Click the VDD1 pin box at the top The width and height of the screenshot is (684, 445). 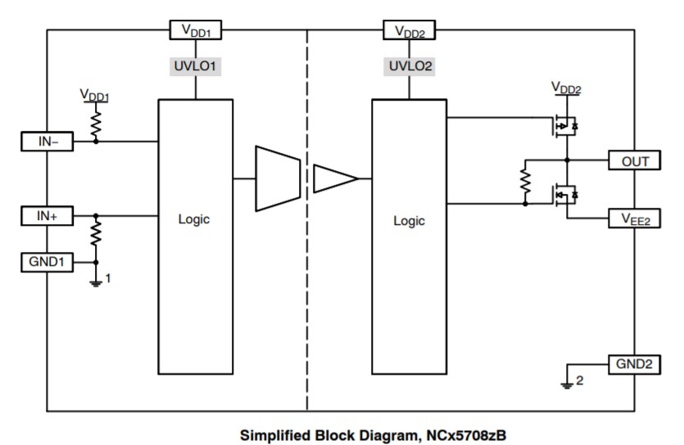pyautogui.click(x=194, y=30)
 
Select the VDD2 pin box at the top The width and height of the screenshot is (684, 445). pyautogui.click(x=408, y=31)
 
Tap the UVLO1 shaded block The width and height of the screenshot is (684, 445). pyautogui.click(x=194, y=66)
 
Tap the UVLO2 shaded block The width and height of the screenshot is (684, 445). pyautogui.click(x=408, y=66)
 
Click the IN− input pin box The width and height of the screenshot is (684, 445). pyautogui.click(x=47, y=142)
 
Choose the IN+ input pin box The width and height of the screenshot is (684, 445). pyautogui.click(x=47, y=216)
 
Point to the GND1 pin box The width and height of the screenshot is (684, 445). pyautogui.click(x=47, y=263)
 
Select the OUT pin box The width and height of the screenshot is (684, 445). pyautogui.click(x=633, y=160)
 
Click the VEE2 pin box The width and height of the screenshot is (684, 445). pyautogui.click(x=633, y=219)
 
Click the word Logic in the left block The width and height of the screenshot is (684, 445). pyautogui.click(x=194, y=219)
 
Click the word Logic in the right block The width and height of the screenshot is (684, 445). pyautogui.click(x=410, y=220)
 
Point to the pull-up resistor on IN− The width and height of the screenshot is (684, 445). pyautogui.click(x=96, y=122)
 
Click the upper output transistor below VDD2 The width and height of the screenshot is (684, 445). pyautogui.click(x=564, y=126)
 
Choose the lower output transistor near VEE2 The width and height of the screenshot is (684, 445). pyautogui.click(x=564, y=195)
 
